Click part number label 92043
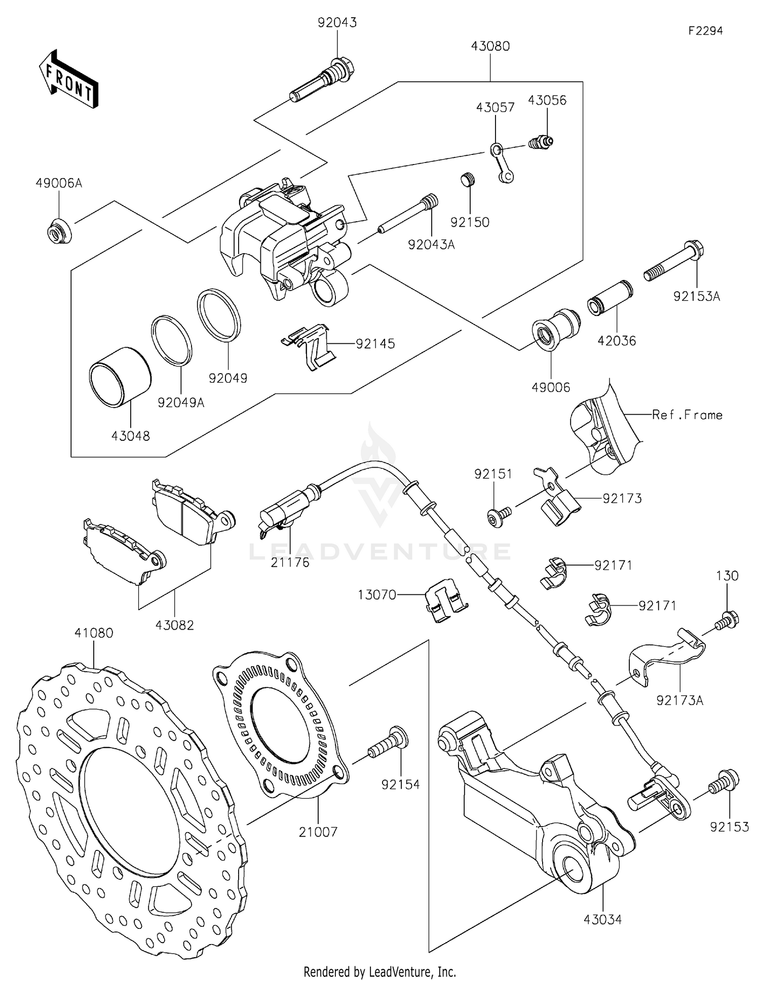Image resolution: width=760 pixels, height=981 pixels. pos(337,23)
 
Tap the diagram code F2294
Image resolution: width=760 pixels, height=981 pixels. pos(705,31)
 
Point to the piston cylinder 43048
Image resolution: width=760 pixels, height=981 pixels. pos(120,377)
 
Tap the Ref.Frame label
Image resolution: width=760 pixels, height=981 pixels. pos(687,415)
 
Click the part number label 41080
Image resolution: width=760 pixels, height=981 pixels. pos(94,633)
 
